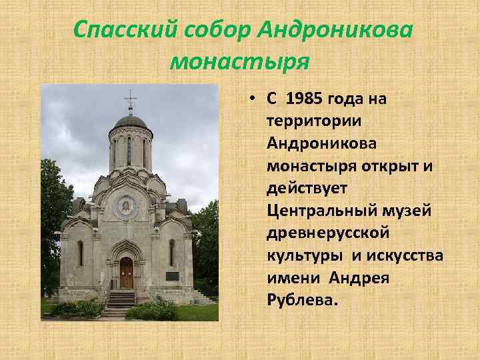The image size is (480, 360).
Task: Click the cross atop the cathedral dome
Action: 130,100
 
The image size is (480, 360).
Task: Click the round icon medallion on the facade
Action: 125,207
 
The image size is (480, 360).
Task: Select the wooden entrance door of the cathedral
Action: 127,273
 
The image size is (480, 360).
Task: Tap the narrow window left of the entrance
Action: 80,253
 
